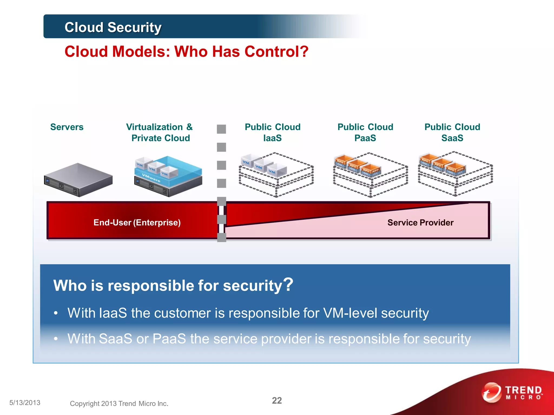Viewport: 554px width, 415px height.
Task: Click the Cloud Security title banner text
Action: [x=113, y=27]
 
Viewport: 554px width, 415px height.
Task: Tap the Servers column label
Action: [x=67, y=127]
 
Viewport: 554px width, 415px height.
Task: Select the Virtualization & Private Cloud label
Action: [x=160, y=132]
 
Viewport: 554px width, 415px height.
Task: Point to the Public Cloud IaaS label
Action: [x=272, y=132]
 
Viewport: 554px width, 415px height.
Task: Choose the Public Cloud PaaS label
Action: [x=365, y=132]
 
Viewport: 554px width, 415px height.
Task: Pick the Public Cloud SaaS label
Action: [x=452, y=132]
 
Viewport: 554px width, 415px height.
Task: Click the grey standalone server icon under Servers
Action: [x=78, y=179]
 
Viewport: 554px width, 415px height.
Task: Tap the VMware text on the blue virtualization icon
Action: [x=151, y=178]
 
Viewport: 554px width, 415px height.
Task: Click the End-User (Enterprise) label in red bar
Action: [x=137, y=222]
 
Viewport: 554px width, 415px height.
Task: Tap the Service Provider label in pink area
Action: [x=420, y=222]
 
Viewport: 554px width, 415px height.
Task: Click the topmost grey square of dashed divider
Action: [x=221, y=129]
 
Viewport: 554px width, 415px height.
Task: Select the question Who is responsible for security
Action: [x=173, y=285]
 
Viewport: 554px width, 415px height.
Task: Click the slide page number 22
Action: [x=277, y=400]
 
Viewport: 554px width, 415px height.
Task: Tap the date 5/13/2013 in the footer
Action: [x=25, y=403]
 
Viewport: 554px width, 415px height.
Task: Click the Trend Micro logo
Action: [x=512, y=393]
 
